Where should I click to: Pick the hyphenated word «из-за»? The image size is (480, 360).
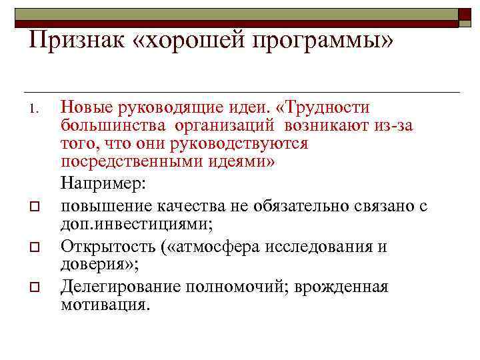click(x=390, y=125)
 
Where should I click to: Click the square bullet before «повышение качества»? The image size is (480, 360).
click(x=37, y=208)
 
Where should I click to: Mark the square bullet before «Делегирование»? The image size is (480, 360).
click(x=37, y=287)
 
